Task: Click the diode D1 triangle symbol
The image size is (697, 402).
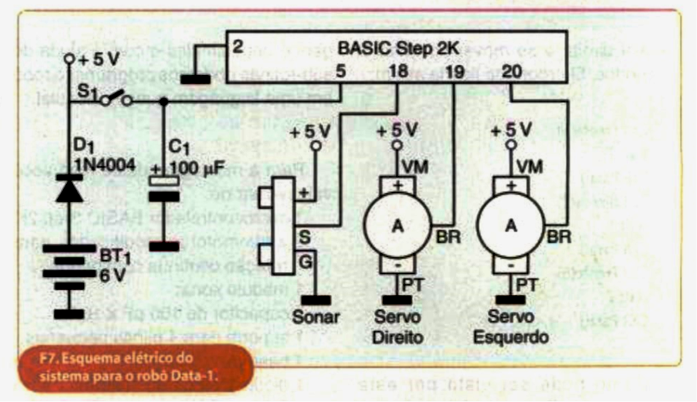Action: click(70, 190)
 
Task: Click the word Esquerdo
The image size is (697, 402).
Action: click(510, 337)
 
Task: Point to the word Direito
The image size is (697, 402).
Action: click(397, 337)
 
